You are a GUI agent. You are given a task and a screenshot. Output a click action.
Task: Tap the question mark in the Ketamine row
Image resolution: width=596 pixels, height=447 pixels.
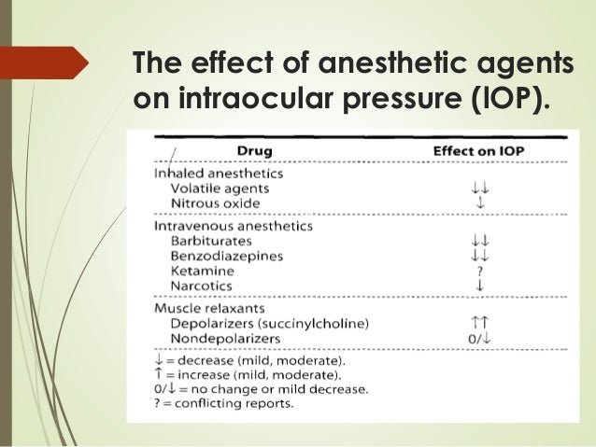pyautogui.click(x=480, y=270)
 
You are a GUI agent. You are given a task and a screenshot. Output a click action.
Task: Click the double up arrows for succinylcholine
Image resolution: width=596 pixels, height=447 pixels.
pyautogui.click(x=480, y=323)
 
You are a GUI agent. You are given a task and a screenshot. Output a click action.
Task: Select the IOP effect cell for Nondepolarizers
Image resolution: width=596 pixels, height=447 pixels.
pyautogui.click(x=480, y=338)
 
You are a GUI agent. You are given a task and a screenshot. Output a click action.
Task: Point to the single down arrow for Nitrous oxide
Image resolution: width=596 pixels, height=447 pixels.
pyautogui.click(x=480, y=203)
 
